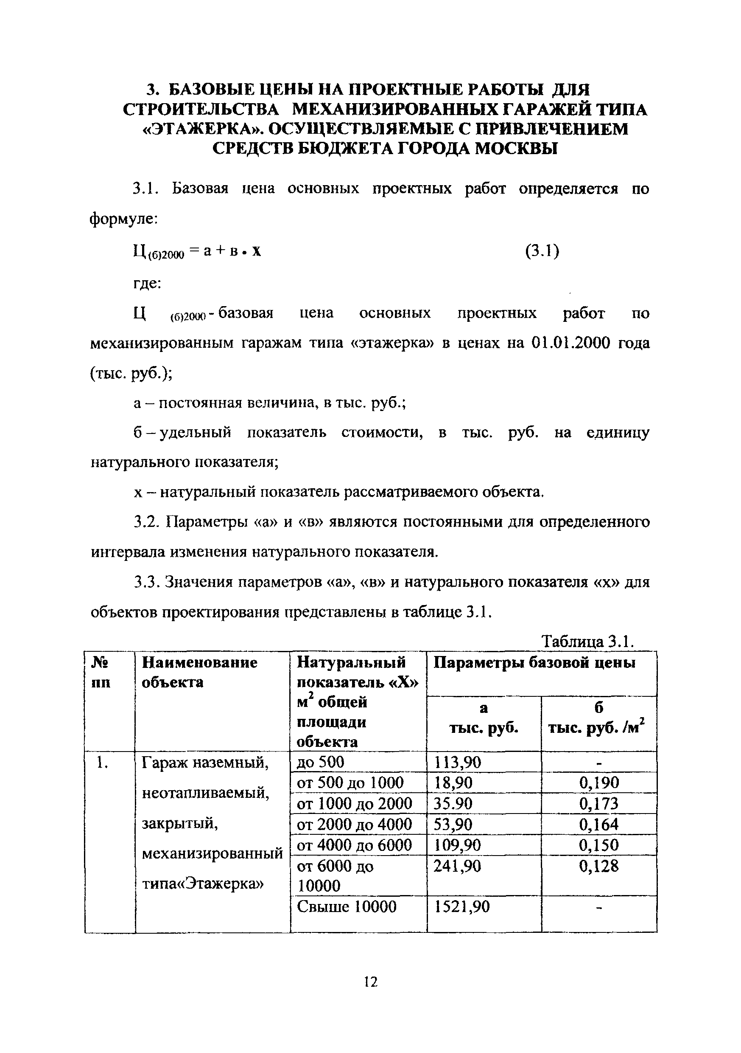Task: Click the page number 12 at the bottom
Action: click(370, 983)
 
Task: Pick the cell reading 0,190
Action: click(598, 783)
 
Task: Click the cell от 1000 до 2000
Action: click(354, 803)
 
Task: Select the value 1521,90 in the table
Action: click(461, 906)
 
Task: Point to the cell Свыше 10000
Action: click(347, 906)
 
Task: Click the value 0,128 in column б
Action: click(598, 866)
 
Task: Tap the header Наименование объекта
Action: click(199, 672)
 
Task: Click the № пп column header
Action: click(101, 672)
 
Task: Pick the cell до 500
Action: click(320, 762)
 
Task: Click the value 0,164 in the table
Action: click(598, 825)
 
